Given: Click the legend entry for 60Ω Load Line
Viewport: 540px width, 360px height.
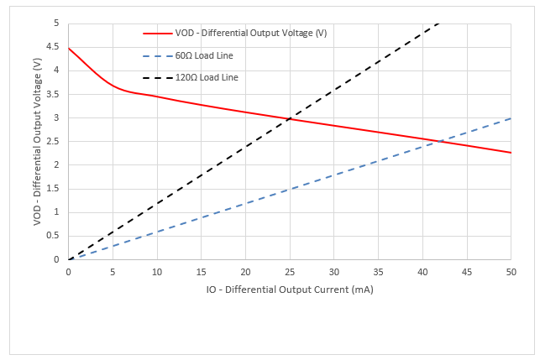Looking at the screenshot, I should point(204,55).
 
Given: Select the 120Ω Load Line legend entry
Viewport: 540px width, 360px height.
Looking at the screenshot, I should point(207,77).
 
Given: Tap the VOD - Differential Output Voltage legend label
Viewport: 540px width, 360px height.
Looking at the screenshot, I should point(251,34).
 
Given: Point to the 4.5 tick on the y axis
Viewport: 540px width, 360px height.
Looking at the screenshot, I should point(57,47).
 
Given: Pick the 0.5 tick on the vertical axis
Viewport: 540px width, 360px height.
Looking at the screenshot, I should point(57,236).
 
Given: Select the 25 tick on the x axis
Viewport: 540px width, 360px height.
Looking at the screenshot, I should point(290,271).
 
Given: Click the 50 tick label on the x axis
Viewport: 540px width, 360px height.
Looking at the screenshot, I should point(511,271).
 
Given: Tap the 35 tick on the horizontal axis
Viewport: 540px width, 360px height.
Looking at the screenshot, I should point(378,271).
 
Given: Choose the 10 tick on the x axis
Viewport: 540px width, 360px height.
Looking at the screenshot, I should point(157,271).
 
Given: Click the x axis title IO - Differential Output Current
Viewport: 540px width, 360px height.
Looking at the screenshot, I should point(290,290).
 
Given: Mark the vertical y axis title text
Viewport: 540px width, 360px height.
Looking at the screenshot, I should point(37,141).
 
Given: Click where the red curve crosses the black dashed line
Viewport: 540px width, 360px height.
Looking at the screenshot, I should point(290,118).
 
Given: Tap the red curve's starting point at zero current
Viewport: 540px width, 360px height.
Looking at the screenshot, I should point(69,48).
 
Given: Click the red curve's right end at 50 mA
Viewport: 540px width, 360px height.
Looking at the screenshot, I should point(511,153).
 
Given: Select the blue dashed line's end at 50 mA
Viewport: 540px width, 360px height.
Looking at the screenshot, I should point(511,118).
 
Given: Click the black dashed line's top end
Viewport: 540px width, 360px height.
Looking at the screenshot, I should point(438,23).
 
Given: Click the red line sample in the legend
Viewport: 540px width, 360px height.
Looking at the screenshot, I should point(157,34).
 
